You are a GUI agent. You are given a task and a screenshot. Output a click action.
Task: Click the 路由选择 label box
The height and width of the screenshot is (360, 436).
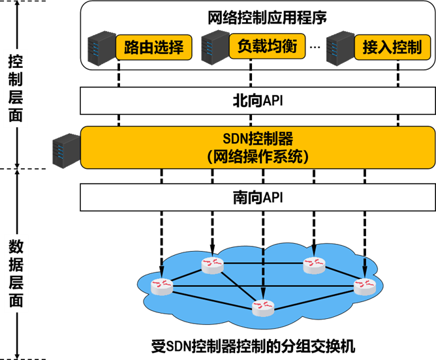[x=153, y=47]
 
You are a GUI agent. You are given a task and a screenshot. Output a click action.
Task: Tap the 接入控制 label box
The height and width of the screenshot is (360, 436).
[x=392, y=47]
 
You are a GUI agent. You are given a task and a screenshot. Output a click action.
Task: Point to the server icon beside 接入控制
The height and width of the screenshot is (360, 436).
[x=339, y=47]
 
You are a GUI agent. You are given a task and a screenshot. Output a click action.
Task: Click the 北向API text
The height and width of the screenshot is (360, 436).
[x=258, y=101]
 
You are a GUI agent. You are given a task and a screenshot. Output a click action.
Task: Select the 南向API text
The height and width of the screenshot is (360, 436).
[x=258, y=198]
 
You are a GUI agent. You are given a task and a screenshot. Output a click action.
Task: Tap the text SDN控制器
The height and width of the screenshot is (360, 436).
[x=258, y=139]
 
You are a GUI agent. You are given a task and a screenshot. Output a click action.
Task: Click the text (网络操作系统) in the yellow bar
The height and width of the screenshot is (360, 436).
[x=258, y=157]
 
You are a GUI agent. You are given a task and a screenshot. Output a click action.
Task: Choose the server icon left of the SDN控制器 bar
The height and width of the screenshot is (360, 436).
[x=66, y=149]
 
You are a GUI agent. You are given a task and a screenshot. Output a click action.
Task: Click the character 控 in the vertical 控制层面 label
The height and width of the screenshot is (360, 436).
[x=15, y=62]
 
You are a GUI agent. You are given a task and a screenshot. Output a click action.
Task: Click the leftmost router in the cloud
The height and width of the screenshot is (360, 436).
[x=162, y=286]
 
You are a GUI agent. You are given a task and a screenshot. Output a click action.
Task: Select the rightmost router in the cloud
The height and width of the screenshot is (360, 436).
[x=364, y=286]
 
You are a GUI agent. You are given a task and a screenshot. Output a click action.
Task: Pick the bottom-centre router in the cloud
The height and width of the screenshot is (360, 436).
[x=263, y=307]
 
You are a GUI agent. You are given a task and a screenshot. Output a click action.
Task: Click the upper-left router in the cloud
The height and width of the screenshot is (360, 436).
[x=212, y=264]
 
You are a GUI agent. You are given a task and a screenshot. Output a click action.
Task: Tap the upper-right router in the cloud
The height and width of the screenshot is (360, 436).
[x=314, y=264]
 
